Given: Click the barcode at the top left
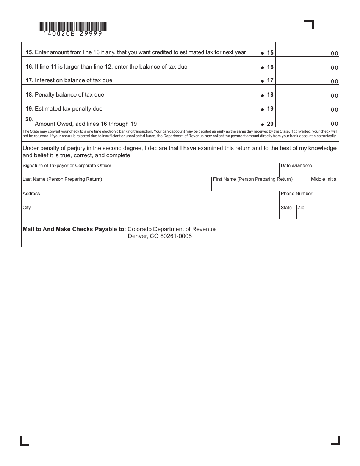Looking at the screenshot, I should coord(72,26).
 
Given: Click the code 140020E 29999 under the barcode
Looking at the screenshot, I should coord(72,34).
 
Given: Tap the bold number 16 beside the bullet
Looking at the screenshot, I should coord(270,67).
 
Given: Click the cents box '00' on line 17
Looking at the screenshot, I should coord(334,81).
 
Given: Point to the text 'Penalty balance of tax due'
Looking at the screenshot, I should coord(69,95).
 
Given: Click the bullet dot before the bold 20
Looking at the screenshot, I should coord(262,124).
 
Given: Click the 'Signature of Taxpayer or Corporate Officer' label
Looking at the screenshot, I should coord(67,166).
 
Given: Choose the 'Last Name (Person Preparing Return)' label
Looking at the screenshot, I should coord(62,179).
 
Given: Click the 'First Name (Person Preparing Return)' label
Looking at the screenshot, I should coord(252,179).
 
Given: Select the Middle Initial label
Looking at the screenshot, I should coord(324,179).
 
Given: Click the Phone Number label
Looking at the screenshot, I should coord(296,194).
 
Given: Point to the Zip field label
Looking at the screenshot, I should coord(301,208).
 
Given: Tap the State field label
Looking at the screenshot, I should coord(286,208).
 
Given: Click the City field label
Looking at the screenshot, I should coord(27,208).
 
